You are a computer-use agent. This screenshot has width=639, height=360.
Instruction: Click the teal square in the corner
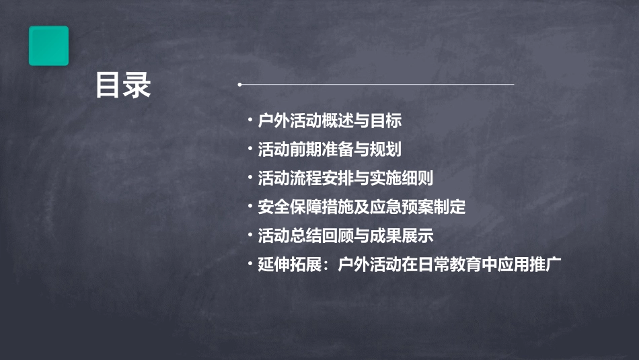[x=48, y=46]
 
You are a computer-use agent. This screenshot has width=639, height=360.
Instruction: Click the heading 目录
[x=123, y=85]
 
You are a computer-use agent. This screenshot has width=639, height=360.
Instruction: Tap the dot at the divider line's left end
[x=240, y=85]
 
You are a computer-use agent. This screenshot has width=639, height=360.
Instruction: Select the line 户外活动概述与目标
[x=330, y=121]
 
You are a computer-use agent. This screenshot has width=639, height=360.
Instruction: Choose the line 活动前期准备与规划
[x=330, y=149]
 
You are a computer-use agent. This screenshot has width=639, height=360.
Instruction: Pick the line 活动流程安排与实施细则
[x=345, y=178]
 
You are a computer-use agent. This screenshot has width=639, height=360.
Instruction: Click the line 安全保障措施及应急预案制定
[x=361, y=207]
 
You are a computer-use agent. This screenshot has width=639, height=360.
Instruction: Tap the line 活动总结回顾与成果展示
[x=345, y=236]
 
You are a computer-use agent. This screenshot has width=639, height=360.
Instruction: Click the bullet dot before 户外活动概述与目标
[x=250, y=121]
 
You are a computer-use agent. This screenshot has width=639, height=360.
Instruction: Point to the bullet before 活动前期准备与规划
[x=250, y=149]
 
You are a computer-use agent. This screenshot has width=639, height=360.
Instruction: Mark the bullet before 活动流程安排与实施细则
[x=250, y=178]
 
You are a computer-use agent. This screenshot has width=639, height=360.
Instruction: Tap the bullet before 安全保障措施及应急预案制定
[x=250, y=207]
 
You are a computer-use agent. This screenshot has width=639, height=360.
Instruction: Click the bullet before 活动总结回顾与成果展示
[x=250, y=236]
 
